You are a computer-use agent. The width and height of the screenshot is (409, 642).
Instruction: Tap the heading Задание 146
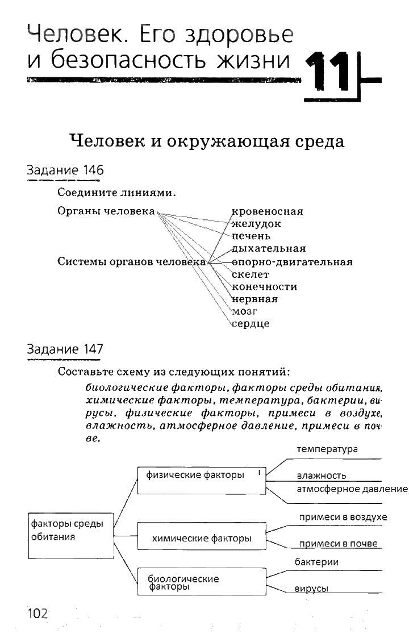click(65, 170)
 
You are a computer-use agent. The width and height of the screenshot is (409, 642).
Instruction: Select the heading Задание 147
click(65, 349)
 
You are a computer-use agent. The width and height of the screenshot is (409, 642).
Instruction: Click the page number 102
click(37, 614)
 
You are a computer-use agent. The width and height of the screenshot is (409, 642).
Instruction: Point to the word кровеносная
click(268, 211)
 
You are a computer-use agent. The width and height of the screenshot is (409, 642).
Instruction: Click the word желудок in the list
click(256, 224)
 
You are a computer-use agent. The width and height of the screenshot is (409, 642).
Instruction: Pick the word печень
click(251, 236)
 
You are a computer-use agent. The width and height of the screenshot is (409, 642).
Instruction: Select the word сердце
click(251, 324)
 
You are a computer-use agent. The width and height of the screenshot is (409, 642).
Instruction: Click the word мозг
click(245, 311)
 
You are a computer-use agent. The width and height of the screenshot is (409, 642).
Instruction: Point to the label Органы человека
click(106, 211)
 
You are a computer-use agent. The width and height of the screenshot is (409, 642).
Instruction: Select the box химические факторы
click(202, 538)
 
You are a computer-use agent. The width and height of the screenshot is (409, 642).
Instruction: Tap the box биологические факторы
click(202, 582)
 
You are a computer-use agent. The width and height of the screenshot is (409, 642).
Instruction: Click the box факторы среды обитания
click(70, 530)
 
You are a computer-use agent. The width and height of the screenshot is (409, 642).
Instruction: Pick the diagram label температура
click(327, 449)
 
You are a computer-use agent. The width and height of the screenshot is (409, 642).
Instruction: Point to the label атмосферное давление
click(352, 489)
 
